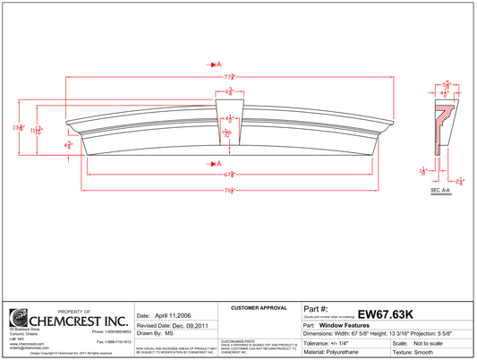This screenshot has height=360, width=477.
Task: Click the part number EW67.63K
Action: [x=385, y=314]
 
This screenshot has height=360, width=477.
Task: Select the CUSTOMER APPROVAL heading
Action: [x=258, y=307]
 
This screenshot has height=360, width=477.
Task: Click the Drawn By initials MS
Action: [x=168, y=333]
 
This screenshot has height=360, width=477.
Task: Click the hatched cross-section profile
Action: [x=441, y=121]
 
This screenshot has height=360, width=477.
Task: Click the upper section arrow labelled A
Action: [x=216, y=65]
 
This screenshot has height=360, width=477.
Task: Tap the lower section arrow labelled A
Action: [x=216, y=163]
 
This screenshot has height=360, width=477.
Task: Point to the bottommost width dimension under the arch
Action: [x=229, y=190]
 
